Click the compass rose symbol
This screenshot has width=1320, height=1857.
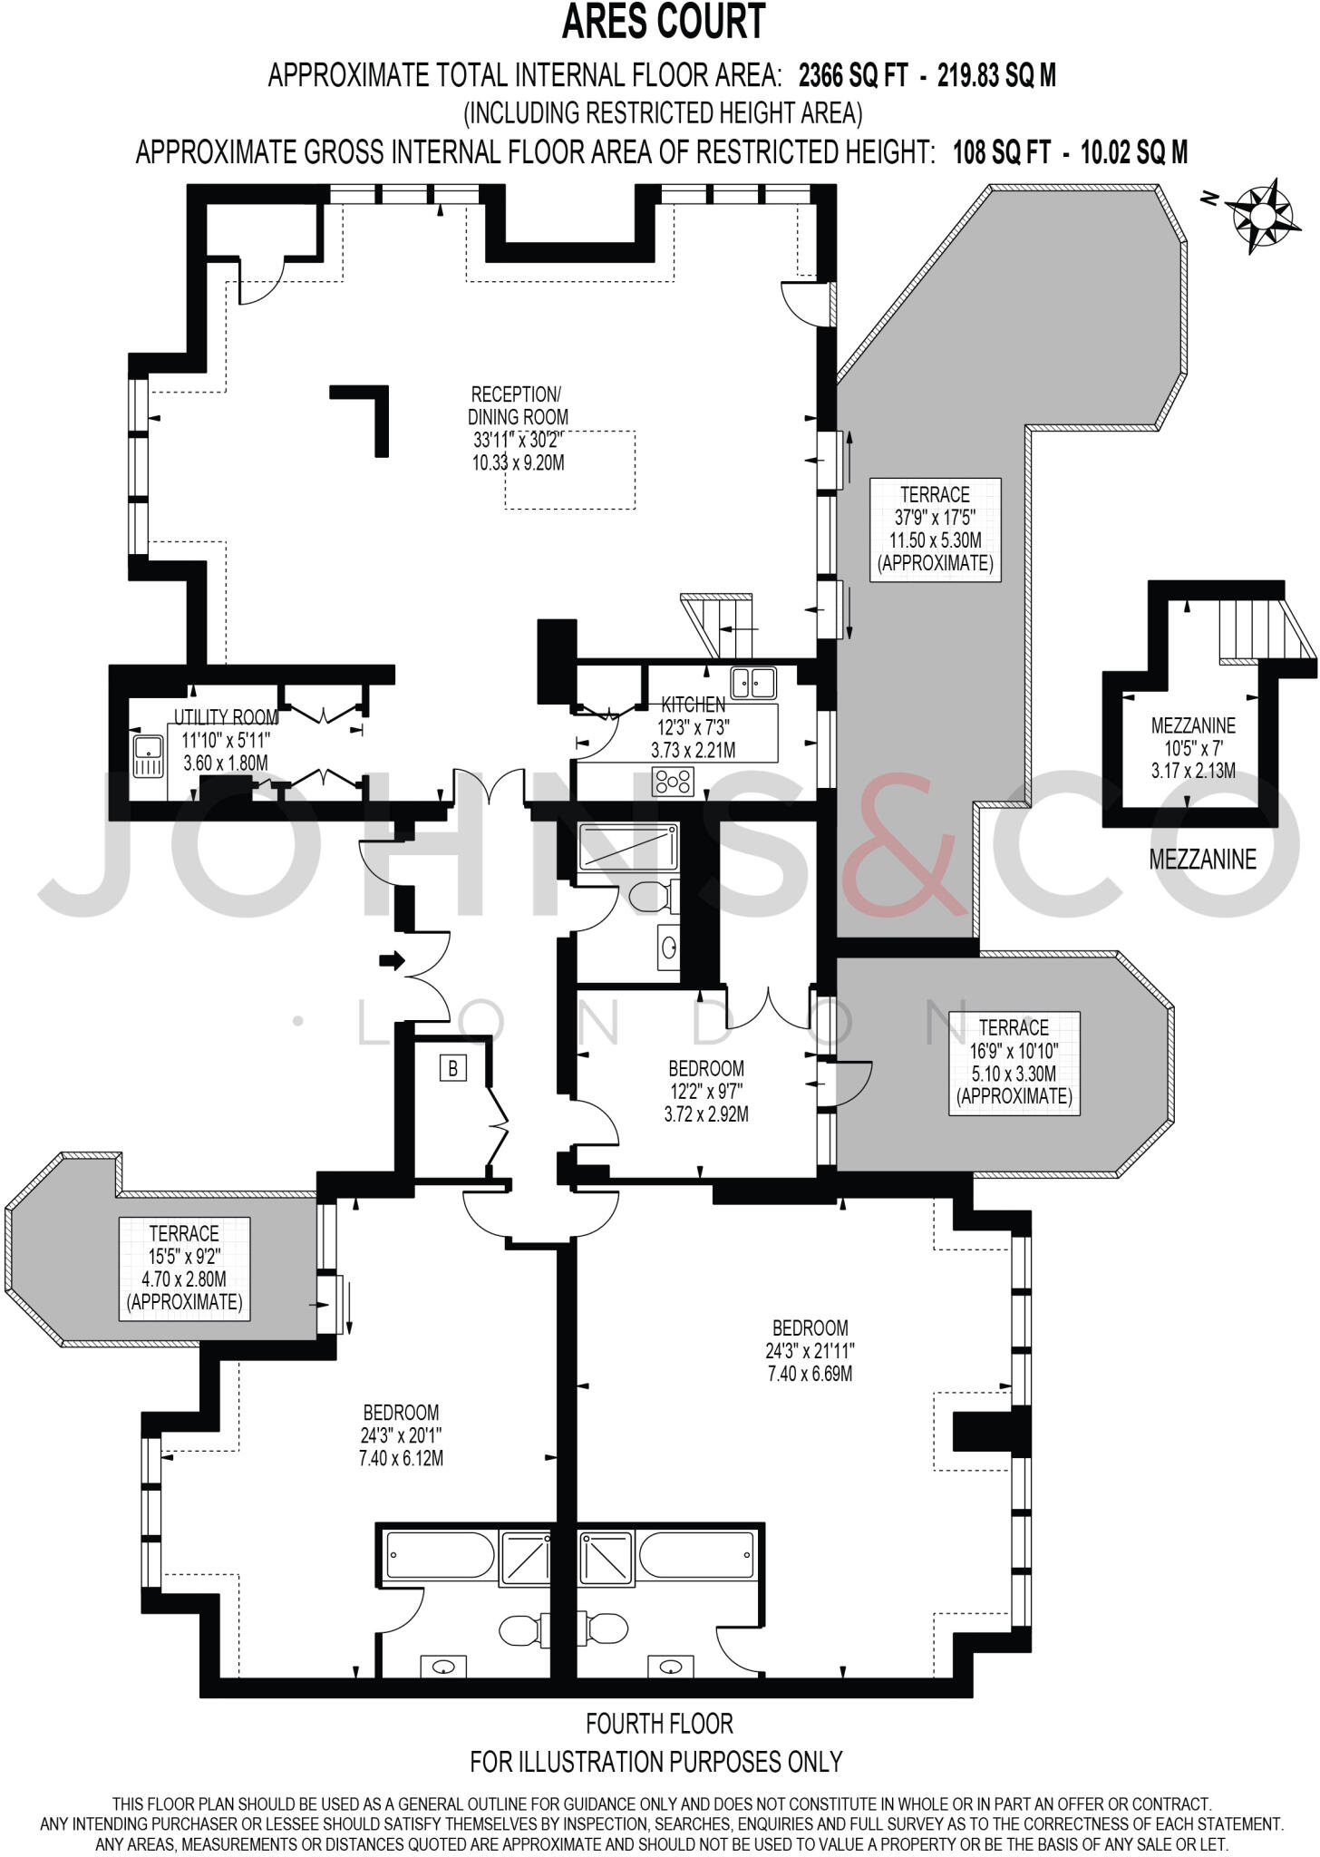pos(1261,216)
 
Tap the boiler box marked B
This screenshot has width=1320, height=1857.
pos(452,1068)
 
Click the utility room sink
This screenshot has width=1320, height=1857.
pos(147,757)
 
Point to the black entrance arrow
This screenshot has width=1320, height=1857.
pos(392,960)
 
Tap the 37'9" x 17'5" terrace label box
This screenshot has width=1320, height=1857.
pos(935,529)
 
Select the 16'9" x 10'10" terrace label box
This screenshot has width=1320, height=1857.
pos(1014,1062)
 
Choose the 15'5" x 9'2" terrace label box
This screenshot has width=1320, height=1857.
pos(184,1268)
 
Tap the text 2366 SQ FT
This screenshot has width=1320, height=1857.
pos(852,75)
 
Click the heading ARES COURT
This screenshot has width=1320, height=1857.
pos(663,22)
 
